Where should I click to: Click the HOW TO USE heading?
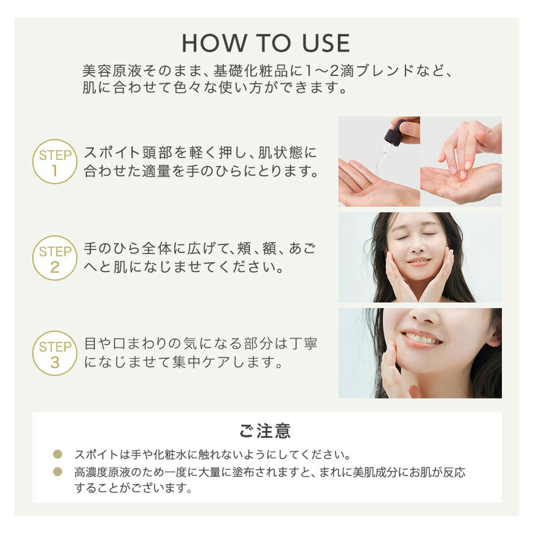pyautogui.click(x=266, y=43)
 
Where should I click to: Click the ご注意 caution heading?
pyautogui.click(x=266, y=431)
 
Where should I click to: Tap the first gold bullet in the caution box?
pyautogui.click(x=58, y=454)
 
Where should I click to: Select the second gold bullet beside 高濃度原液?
pyautogui.click(x=58, y=471)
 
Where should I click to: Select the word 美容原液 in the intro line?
pyautogui.click(x=112, y=71)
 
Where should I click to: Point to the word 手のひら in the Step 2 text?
pyautogui.click(x=111, y=248)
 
